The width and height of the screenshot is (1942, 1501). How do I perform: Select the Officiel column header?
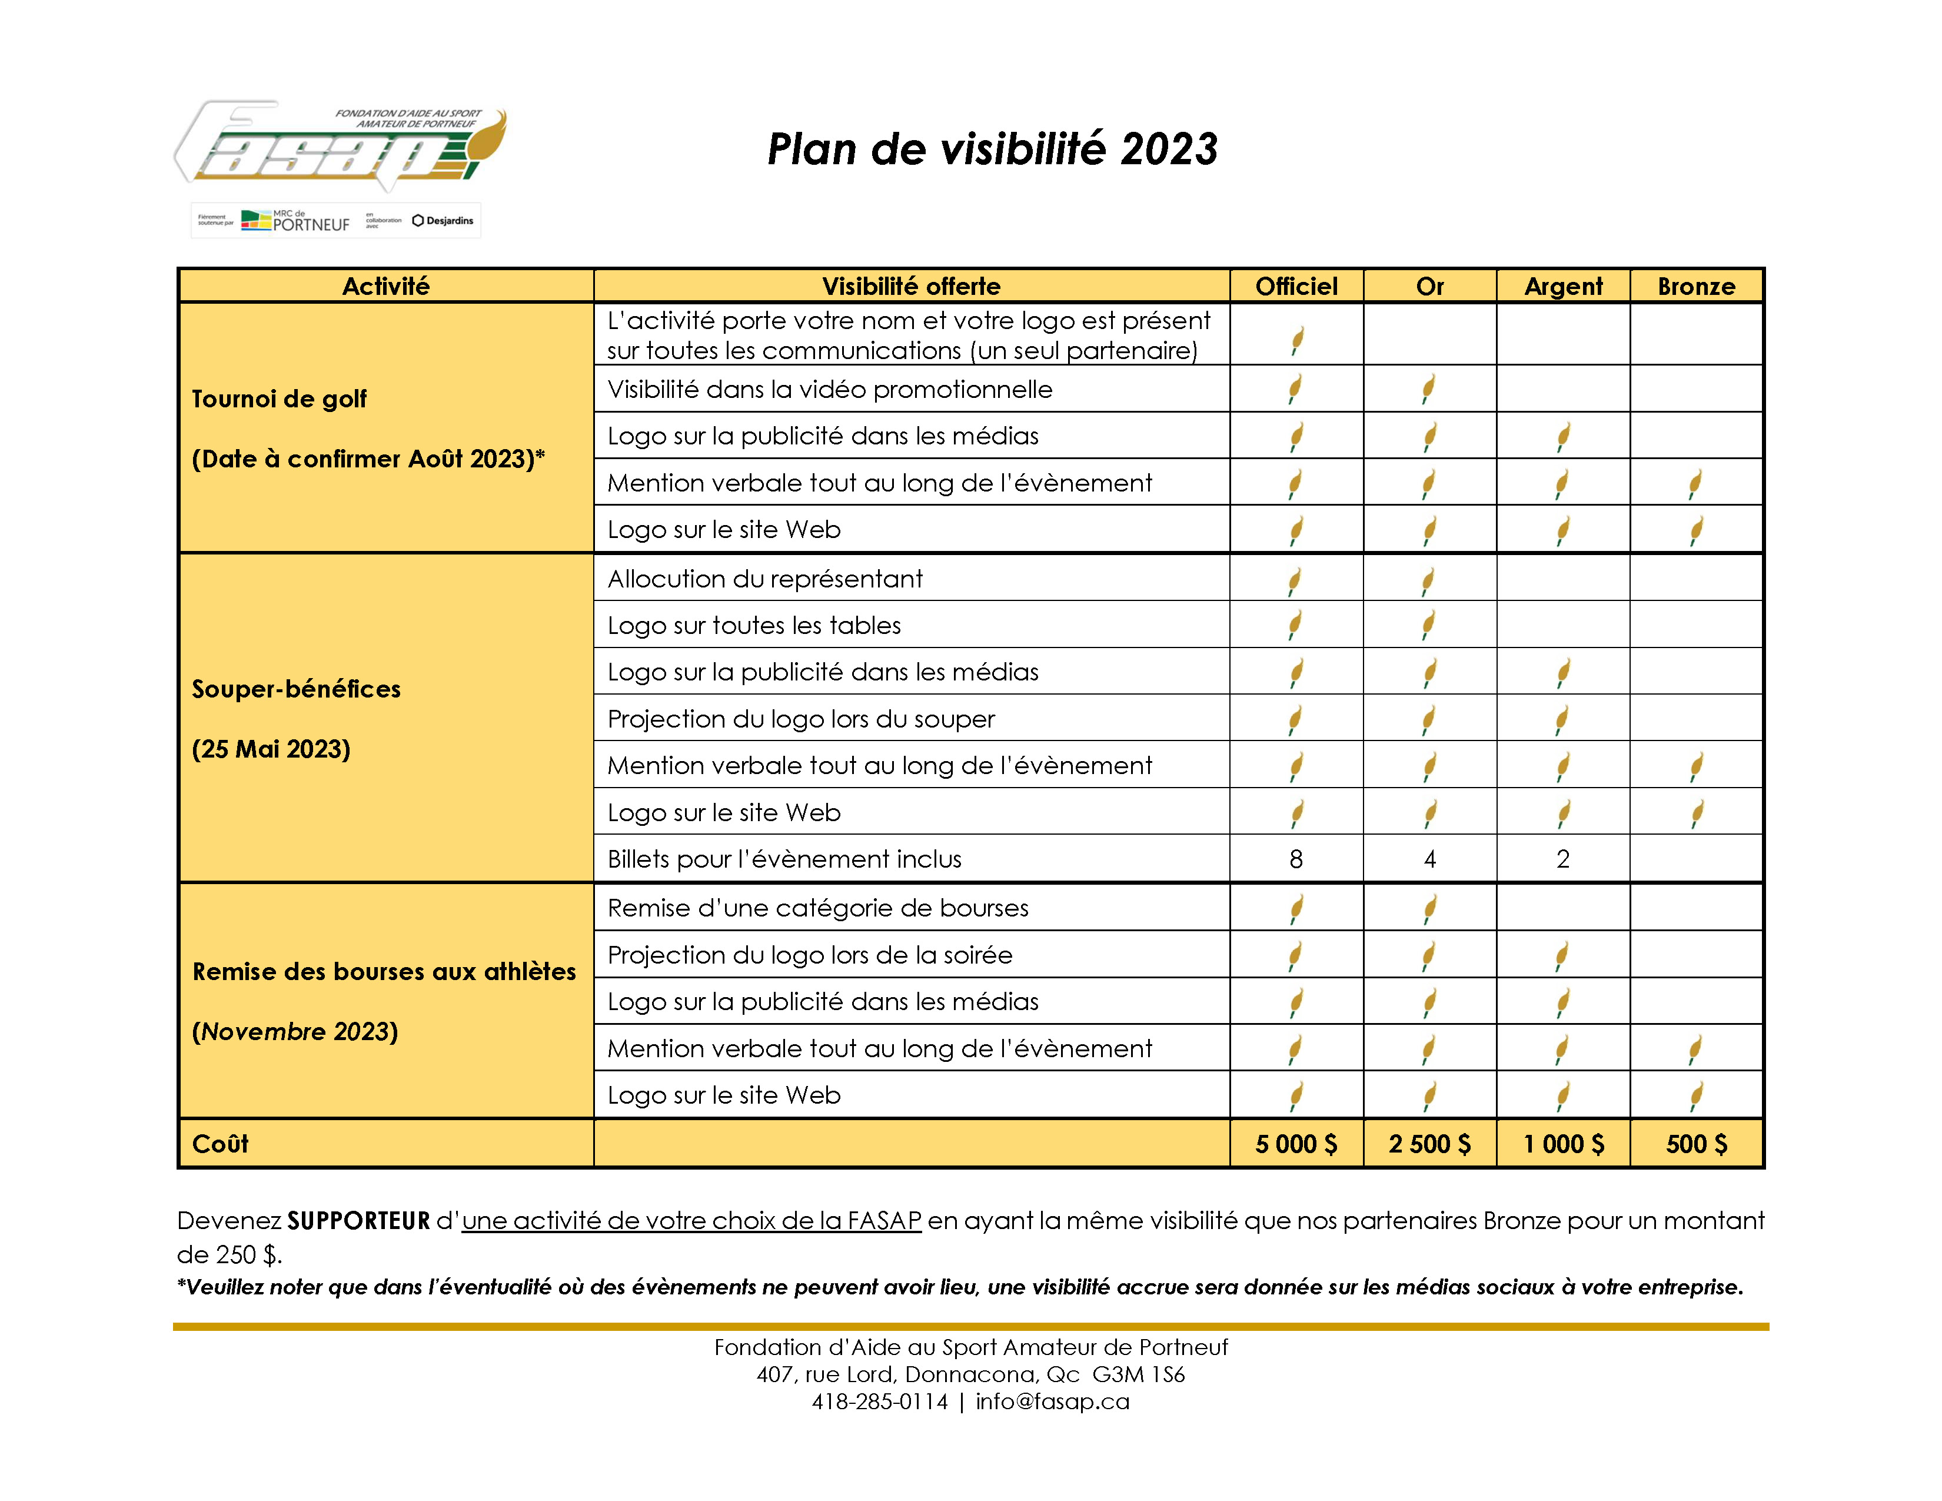1296,286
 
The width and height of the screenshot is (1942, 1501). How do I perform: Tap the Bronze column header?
1695,286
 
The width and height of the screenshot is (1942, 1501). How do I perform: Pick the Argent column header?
1562,286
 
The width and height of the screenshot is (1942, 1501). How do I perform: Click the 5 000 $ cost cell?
1296,1144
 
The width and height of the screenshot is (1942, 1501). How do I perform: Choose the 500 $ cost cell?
1695,1144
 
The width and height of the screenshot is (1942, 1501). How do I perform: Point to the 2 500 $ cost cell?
1429,1144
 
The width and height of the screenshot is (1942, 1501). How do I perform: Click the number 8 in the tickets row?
1296,859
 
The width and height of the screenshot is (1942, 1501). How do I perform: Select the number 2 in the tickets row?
1562,859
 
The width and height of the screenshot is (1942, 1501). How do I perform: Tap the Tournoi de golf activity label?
279,399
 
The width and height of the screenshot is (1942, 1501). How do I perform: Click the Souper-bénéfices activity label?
296,689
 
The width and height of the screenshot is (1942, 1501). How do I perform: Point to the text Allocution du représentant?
764,579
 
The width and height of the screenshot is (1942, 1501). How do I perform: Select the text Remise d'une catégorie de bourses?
818,908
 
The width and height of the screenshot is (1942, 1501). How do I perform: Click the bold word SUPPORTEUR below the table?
358,1221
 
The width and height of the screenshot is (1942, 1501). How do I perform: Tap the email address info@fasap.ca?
1052,1402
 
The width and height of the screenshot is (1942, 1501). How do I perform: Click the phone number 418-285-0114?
879,1402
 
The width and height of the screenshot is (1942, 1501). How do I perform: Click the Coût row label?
221,1144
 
